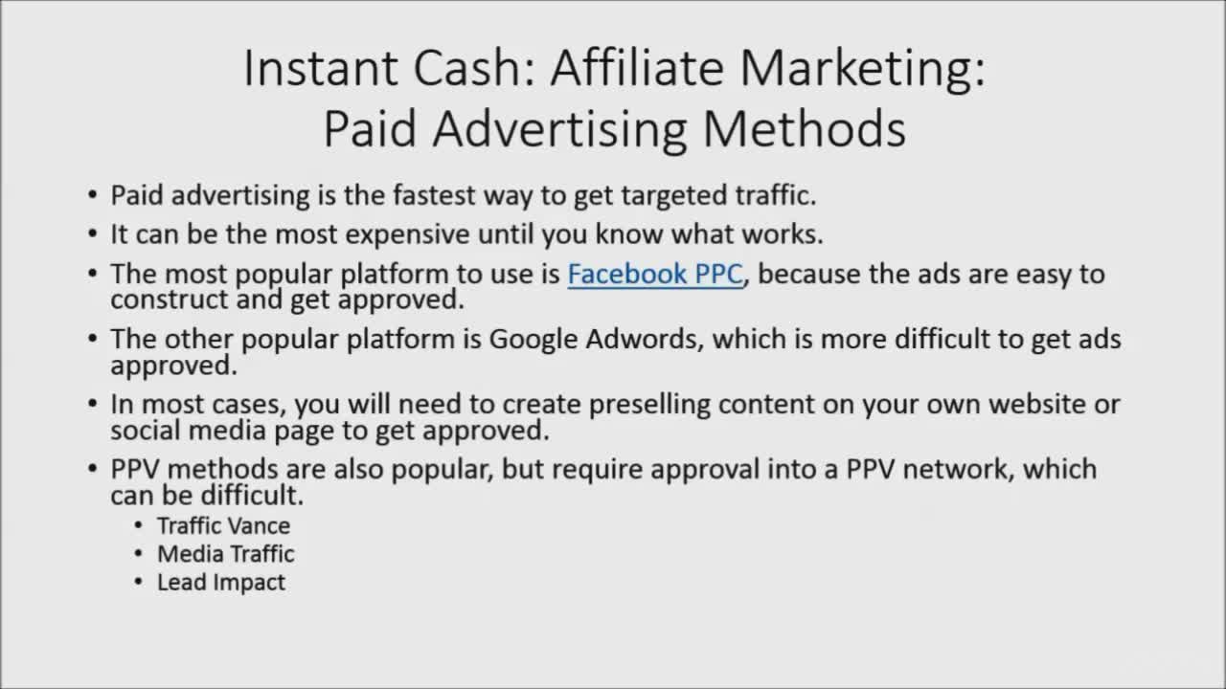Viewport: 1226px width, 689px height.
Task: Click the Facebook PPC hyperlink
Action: (655, 275)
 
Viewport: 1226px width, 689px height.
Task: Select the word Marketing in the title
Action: (863, 72)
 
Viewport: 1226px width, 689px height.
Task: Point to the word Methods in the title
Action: (804, 129)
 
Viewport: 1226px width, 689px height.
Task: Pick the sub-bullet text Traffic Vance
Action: (224, 526)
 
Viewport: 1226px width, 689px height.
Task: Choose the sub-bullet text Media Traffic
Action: (226, 554)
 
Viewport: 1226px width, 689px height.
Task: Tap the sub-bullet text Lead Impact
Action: (221, 583)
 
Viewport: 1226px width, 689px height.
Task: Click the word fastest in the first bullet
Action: (434, 195)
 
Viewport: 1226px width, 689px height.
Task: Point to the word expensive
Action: (407, 235)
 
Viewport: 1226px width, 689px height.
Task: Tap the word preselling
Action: (649, 406)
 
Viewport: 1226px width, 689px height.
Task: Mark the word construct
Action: (170, 300)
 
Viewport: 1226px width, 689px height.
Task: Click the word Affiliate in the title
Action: (637, 68)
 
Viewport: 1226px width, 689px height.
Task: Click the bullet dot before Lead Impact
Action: (138, 582)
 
